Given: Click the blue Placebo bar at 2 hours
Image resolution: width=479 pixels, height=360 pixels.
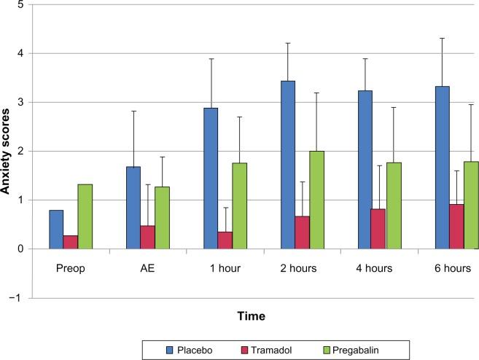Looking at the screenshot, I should point(288,165).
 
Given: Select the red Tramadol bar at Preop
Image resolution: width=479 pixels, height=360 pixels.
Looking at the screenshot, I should point(71,242).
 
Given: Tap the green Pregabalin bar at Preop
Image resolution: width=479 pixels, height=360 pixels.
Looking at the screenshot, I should point(85,216).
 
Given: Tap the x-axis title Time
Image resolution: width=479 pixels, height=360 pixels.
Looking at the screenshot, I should point(250,316).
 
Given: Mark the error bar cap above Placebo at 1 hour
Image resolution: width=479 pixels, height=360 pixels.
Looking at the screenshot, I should point(211,58).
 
